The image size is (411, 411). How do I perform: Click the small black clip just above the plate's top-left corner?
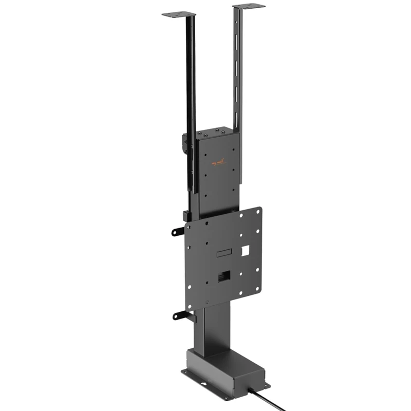[x=186, y=215]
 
